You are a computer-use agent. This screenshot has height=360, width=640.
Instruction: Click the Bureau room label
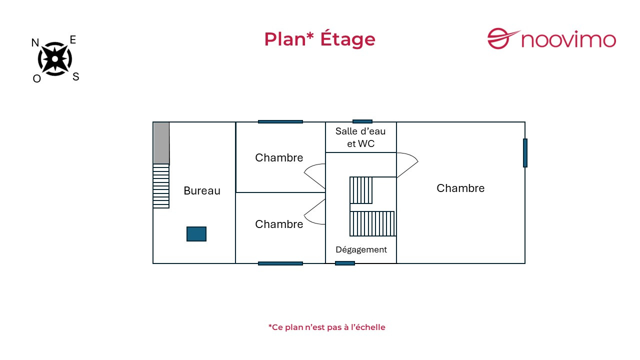tap(202, 190)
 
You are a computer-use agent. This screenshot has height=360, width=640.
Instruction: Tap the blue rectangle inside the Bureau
tap(196, 234)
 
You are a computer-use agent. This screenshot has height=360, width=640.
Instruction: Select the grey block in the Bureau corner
tap(161, 143)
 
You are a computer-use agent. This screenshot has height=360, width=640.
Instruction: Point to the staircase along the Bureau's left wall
tap(161, 186)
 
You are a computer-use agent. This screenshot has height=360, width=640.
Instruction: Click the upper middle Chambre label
tap(279, 158)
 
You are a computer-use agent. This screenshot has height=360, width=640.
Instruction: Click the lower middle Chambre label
tap(279, 224)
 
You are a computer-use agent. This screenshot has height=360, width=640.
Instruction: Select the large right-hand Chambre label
tap(460, 188)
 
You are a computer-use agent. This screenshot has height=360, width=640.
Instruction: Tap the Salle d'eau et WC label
tap(360, 137)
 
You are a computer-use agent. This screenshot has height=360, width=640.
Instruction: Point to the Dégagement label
tap(361, 249)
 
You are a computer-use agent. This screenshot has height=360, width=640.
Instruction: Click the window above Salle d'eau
tap(362, 121)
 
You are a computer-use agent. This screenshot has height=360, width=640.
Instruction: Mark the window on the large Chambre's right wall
tap(525, 153)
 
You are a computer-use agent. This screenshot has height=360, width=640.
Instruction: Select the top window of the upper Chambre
tap(280, 121)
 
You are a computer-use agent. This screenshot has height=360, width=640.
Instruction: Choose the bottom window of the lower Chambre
tap(280, 263)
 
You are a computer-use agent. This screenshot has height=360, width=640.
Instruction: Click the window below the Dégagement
tap(345, 263)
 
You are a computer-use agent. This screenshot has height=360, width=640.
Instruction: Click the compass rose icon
tap(55, 59)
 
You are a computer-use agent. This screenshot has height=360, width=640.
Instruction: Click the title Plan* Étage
tap(319, 39)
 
